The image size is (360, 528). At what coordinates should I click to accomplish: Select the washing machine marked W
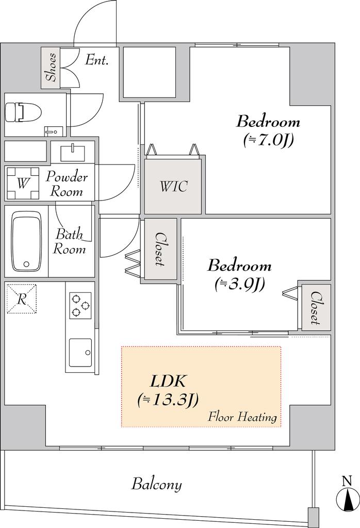(x=23, y=183)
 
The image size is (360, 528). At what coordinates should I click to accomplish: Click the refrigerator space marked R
(x=22, y=299)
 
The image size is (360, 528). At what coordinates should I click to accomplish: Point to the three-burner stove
(x=80, y=305)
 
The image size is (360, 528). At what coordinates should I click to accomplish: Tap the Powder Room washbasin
(x=72, y=153)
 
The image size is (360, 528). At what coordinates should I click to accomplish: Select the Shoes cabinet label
(x=51, y=68)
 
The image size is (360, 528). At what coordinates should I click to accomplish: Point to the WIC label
(x=173, y=186)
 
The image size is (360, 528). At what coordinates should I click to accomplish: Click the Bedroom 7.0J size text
(x=268, y=139)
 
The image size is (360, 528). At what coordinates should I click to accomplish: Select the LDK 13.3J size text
(x=168, y=400)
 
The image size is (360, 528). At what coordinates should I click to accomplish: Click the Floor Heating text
(x=242, y=417)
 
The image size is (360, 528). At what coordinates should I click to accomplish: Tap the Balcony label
(x=156, y=485)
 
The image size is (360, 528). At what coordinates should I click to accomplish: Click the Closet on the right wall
(x=316, y=308)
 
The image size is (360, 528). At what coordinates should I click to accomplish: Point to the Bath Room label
(x=70, y=242)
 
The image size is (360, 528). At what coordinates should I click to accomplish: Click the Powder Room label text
(x=67, y=184)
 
